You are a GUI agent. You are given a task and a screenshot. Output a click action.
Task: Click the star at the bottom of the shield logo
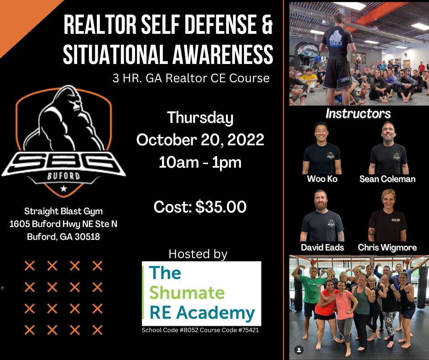point(63,188)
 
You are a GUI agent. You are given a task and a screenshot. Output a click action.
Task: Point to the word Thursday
point(200,118)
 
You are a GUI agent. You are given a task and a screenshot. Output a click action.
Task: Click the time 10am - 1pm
point(200,162)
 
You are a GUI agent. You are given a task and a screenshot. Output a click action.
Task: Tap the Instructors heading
point(358,113)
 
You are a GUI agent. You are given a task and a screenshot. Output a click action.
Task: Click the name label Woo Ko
point(322,179)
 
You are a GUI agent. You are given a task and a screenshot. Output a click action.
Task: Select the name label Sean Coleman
point(387,179)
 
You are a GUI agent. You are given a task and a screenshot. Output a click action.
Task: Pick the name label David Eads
point(322,248)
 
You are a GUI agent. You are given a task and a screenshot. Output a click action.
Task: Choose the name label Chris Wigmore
point(387,248)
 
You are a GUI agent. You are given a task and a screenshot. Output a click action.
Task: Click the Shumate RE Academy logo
point(201,293)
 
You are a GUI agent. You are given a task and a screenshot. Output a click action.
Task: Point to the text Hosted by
point(198,254)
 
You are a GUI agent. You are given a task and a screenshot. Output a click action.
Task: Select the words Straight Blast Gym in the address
point(63,212)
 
